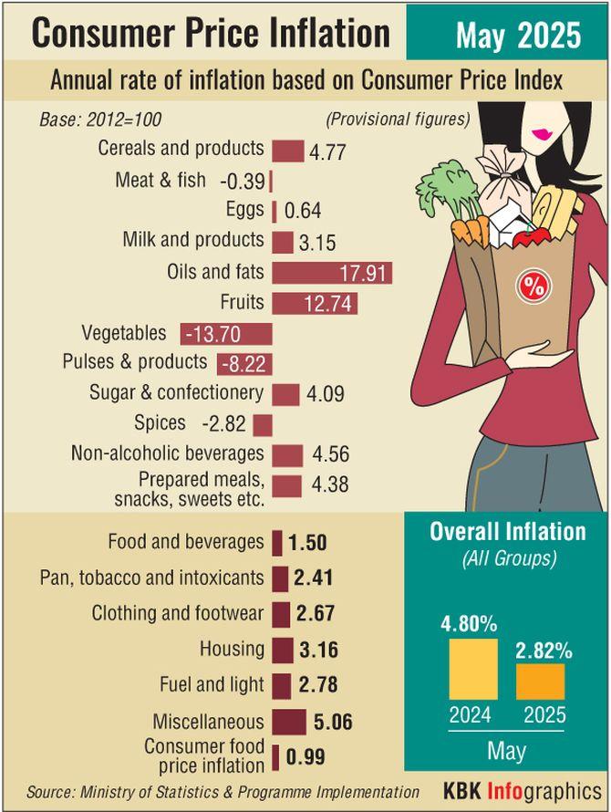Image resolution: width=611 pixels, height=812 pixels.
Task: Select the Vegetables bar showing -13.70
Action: [226, 334]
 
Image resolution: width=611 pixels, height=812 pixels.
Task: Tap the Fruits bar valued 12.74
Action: [315, 303]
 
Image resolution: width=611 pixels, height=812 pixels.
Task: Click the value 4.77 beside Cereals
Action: [327, 152]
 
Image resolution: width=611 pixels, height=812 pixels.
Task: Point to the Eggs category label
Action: [245, 210]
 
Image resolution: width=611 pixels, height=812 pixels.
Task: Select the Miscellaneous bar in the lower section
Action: [289, 723]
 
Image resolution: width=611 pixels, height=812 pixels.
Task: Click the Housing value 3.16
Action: [319, 651]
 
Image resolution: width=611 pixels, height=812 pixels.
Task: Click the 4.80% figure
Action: [469, 625]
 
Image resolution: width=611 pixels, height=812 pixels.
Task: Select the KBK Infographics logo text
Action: [523, 789]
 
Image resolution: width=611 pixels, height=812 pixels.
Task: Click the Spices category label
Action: [159, 423]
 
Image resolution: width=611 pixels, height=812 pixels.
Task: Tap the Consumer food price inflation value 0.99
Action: [305, 757]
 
